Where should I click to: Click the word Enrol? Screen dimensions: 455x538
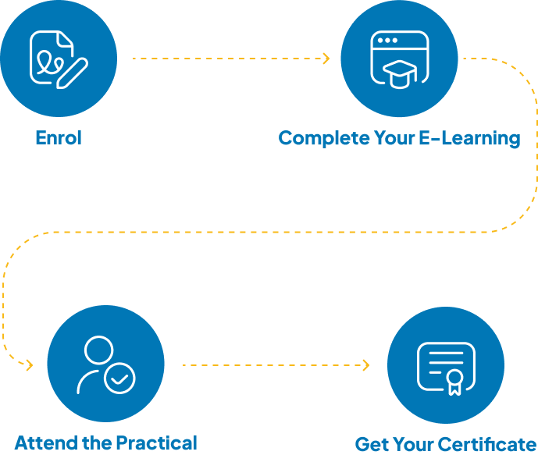pyautogui.click(x=59, y=138)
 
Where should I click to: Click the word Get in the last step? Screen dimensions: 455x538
pyautogui.click(x=372, y=445)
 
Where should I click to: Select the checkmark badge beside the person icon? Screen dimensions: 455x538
pyautogui.click(x=119, y=379)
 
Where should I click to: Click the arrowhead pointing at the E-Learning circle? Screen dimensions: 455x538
pyautogui.click(x=326, y=59)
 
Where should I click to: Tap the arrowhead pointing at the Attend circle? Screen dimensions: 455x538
pyautogui.click(x=30, y=364)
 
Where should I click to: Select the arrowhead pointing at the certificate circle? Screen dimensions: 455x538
pyautogui.click(x=365, y=364)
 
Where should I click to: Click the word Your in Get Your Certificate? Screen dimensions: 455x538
pyautogui.click(x=414, y=445)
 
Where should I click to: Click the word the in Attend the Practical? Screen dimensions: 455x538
pyautogui.click(x=98, y=443)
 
